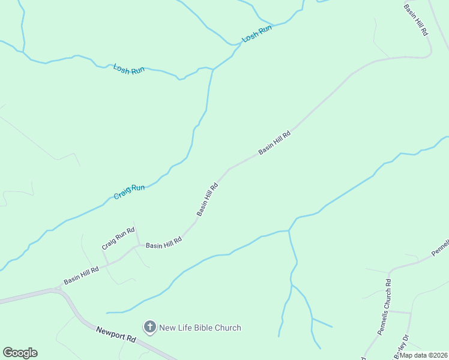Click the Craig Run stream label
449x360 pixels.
tap(130, 192)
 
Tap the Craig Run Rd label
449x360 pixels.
tap(117, 238)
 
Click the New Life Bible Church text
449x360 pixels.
tap(200, 328)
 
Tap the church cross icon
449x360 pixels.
tap(149, 328)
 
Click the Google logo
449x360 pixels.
tap(20, 353)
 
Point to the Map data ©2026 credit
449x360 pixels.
tap(424, 355)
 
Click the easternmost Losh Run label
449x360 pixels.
tap(257, 34)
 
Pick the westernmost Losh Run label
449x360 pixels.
tap(129, 69)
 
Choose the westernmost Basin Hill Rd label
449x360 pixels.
tap(81, 276)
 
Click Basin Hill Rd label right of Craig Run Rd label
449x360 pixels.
tap(164, 244)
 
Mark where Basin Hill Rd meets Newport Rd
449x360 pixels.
tap(58, 289)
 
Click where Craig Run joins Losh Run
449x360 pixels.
tap(213, 70)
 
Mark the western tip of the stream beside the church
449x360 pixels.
tap(107, 313)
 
